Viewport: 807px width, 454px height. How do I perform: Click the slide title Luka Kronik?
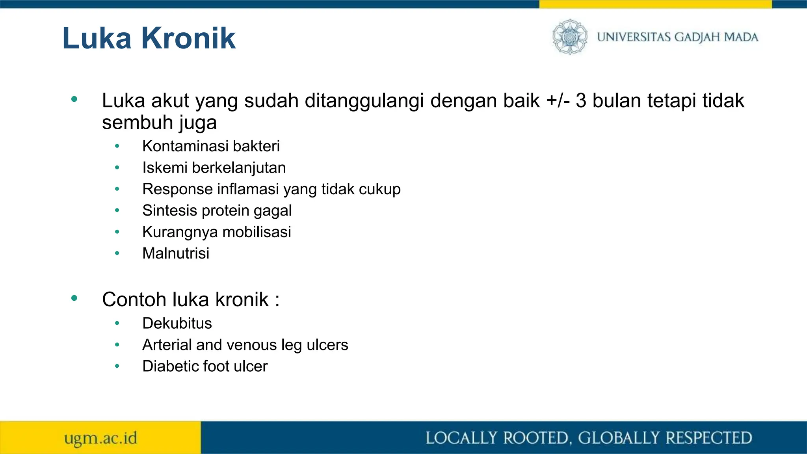click(x=149, y=38)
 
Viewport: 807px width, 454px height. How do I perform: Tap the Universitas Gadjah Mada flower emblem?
click(x=569, y=37)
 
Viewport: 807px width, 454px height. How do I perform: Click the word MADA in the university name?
click(x=741, y=37)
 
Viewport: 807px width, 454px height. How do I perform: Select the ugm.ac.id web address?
click(x=100, y=438)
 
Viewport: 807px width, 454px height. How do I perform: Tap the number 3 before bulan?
click(x=581, y=100)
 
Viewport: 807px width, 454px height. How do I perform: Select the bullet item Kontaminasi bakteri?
click(x=211, y=146)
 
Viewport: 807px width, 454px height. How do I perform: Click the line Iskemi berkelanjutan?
click(x=214, y=168)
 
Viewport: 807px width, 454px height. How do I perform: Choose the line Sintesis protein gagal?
click(x=217, y=210)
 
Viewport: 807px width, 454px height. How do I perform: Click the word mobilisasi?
click(x=257, y=232)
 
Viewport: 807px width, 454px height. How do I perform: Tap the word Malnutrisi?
click(x=176, y=253)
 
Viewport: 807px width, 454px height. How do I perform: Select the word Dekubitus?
click(x=177, y=324)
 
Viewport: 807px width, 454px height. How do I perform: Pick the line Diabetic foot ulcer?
click(x=205, y=367)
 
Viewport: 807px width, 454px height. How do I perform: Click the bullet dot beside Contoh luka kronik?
click(x=74, y=298)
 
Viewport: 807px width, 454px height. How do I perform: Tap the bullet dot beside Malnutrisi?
click(x=117, y=253)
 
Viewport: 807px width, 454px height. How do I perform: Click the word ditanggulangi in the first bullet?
click(x=364, y=100)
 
